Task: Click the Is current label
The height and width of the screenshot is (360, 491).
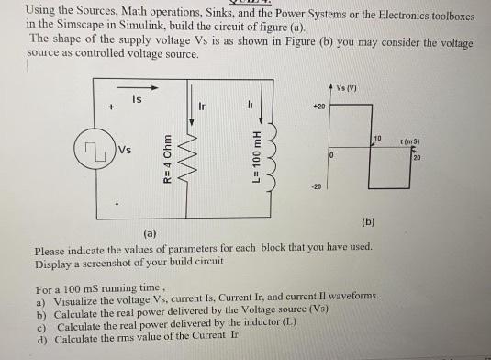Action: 137,98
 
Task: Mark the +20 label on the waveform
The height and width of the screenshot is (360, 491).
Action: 318,107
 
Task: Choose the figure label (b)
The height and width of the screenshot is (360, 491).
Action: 368,221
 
